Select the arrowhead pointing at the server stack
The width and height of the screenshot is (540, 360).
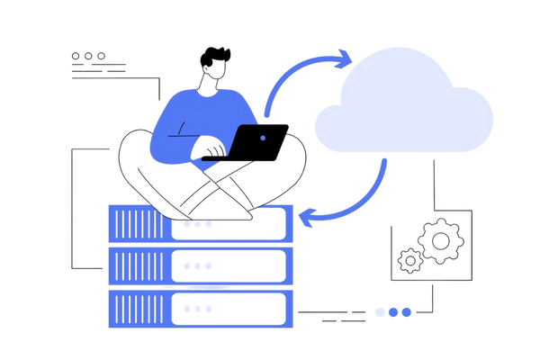[x=307, y=216]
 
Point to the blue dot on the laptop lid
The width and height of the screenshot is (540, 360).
[x=261, y=139]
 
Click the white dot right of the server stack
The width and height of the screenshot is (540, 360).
[x=381, y=312]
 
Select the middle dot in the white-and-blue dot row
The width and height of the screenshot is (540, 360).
[x=394, y=312]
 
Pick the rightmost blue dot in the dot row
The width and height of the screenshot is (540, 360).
[x=407, y=312]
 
